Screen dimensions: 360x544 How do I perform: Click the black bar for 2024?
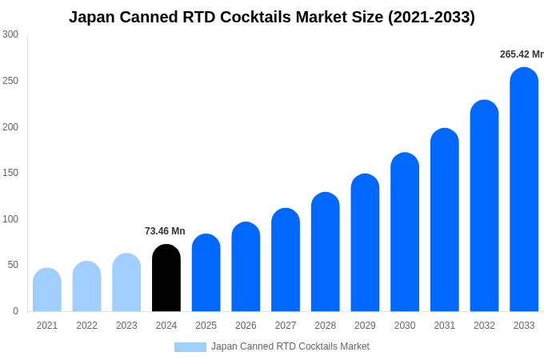coord(166,278)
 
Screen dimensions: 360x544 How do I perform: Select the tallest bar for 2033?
coord(524,190)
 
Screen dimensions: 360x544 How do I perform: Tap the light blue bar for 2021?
coord(47,290)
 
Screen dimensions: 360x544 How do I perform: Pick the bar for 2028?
coord(326,252)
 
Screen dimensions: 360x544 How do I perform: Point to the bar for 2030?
coord(405,233)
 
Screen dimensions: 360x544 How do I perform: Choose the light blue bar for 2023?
coord(126,283)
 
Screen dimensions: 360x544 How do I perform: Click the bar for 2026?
coord(246,267)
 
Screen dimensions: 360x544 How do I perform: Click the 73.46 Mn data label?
coord(165,231)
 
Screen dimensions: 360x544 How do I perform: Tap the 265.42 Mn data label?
coord(522,54)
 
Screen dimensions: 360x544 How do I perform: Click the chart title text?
coord(272,17)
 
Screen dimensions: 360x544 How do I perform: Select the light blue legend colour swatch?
coord(190,347)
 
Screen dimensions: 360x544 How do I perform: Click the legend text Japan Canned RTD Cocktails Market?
coord(290,346)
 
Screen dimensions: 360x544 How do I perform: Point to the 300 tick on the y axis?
coord(10,34)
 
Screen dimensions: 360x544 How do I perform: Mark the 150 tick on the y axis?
coord(10,173)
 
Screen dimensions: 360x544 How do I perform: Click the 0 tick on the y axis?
coord(15,311)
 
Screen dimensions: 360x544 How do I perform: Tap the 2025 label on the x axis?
coord(206,326)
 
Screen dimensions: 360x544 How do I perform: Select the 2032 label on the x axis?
coord(484,326)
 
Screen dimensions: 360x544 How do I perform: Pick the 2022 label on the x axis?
coord(86,326)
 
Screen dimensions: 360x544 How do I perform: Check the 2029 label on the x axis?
coord(365,326)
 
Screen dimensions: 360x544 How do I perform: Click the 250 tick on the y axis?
coord(10,81)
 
